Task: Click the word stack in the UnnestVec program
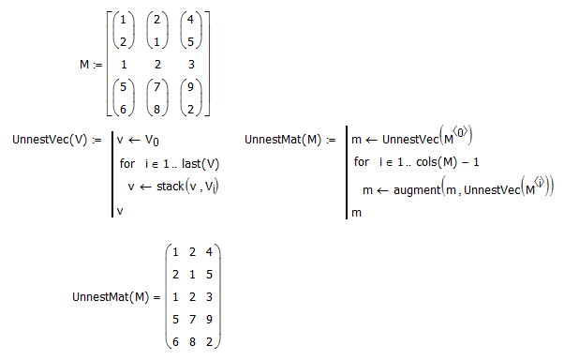(x=171, y=187)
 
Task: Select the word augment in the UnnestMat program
(x=417, y=190)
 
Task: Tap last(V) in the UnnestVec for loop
(x=200, y=164)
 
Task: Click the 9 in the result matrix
(x=209, y=320)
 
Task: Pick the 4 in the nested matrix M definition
(x=190, y=20)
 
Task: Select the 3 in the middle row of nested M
(x=191, y=65)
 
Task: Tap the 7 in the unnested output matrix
(x=192, y=320)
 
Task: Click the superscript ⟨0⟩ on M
(x=460, y=133)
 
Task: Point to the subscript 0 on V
(x=156, y=142)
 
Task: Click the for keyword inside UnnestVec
(x=127, y=164)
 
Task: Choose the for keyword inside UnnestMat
(x=361, y=161)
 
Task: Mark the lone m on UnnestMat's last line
(x=356, y=213)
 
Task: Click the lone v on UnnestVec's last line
(x=120, y=211)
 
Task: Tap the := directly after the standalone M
(x=97, y=66)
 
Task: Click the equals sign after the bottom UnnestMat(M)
(x=156, y=297)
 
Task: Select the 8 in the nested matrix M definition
(x=156, y=109)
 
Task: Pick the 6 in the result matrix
(x=175, y=341)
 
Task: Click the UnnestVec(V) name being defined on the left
(x=50, y=140)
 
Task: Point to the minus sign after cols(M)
(x=465, y=162)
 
